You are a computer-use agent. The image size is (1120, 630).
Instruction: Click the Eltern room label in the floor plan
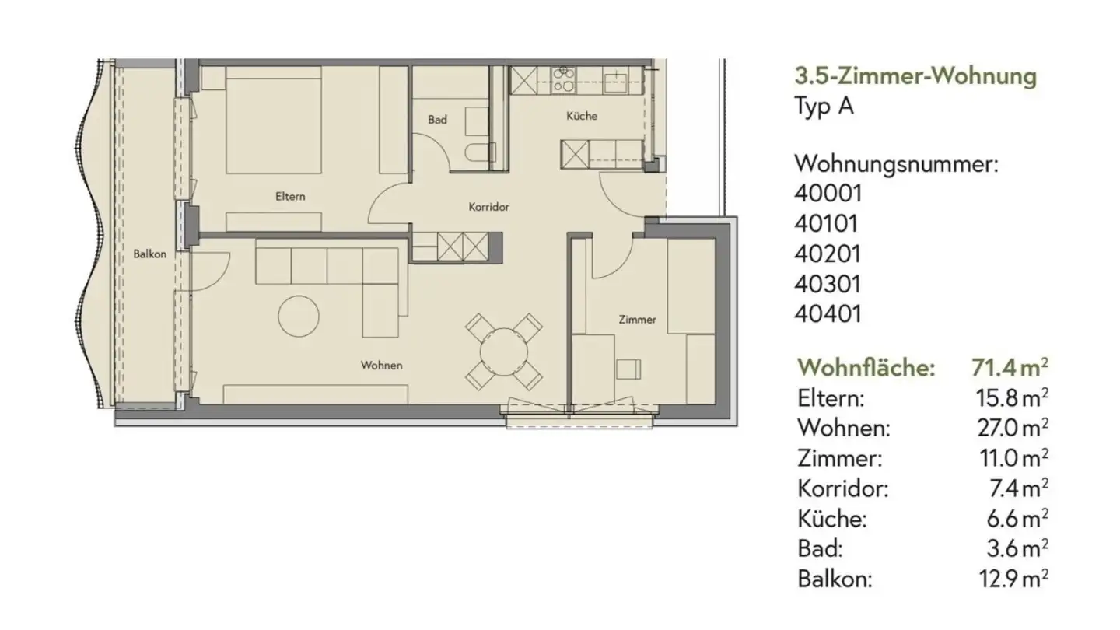pos(290,197)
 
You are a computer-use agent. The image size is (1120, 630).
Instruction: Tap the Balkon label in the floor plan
pos(149,254)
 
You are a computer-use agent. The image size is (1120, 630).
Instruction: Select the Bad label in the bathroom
pos(437,120)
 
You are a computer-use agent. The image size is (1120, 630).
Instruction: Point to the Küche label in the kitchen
pos(582,116)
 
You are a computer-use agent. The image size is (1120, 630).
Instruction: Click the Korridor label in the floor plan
pos(488,208)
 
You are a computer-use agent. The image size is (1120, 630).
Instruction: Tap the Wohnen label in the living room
pos(382,365)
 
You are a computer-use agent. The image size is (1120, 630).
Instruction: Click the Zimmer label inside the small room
pos(637,320)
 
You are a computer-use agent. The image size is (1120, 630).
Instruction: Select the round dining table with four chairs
pos(503,352)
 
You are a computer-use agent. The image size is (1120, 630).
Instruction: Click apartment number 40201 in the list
pos(828,254)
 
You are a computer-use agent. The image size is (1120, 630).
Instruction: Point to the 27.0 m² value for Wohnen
pos(1011,427)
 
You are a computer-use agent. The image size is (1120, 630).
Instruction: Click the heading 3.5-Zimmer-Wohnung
pos(915,76)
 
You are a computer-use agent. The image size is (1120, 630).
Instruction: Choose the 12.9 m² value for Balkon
pos(1011,578)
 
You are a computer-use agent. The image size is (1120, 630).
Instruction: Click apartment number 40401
pos(828,314)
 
